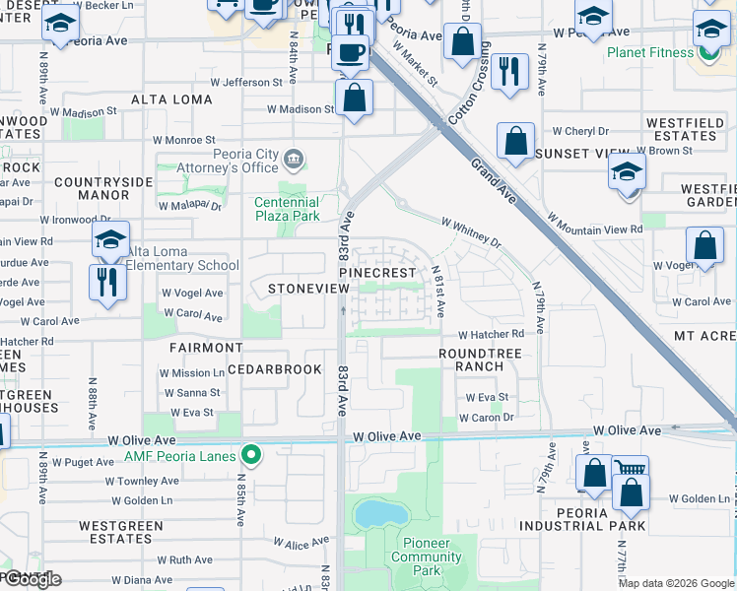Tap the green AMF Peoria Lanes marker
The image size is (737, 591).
tap(252, 455)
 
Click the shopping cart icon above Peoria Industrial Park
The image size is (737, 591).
tap(630, 470)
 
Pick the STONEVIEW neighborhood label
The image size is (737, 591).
tap(308, 288)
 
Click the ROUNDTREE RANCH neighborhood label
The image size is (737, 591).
tap(472, 359)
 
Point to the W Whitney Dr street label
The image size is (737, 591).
tap(471, 230)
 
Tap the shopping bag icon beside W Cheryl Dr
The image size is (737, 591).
tap(515, 142)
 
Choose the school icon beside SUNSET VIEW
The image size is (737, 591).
tap(627, 172)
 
